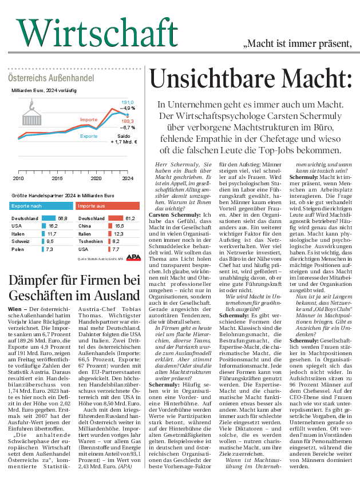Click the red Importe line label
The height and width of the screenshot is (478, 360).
[89, 120]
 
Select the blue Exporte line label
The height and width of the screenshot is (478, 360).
[89, 136]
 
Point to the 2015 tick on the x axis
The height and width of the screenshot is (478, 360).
[57, 179]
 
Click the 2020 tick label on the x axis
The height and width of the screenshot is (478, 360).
[96, 179]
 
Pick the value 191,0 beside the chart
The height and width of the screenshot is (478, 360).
[126, 102]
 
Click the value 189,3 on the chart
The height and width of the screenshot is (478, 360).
[127, 121]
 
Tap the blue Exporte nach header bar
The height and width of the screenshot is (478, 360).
[41, 206]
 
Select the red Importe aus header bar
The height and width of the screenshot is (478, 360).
[108, 206]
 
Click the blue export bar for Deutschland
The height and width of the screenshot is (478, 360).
[48, 218]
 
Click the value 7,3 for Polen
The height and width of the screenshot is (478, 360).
[49, 250]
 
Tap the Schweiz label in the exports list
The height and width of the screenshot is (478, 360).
[21, 242]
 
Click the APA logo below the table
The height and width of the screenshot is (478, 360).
[132, 257]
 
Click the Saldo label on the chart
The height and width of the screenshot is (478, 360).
[124, 136]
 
